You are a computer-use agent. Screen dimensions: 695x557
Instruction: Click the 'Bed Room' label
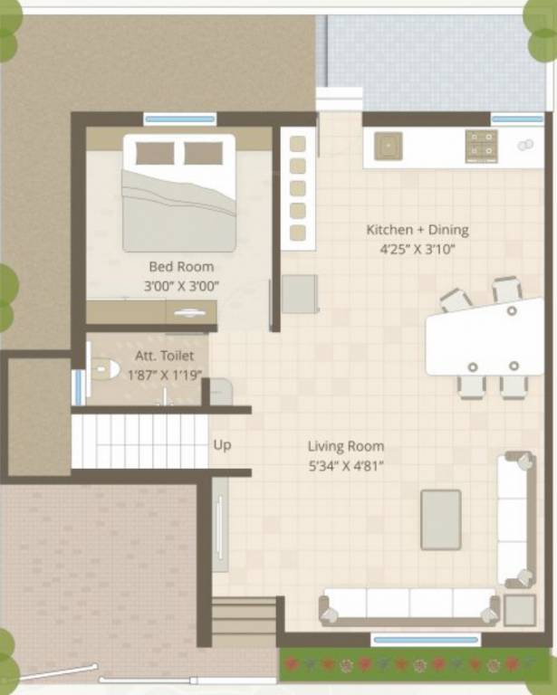181,267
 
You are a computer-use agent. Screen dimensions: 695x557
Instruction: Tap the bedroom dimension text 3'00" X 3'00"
181,286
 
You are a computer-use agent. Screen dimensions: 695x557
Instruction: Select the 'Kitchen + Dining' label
417,230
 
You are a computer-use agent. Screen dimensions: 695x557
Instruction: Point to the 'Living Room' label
345,446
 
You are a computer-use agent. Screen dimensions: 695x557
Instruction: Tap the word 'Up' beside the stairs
222,445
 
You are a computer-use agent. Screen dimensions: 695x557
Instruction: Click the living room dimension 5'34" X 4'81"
345,466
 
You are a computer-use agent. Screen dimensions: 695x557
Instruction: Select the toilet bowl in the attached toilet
105,369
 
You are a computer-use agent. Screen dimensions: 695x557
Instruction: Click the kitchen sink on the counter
389,145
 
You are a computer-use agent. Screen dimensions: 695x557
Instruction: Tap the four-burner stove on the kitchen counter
481,145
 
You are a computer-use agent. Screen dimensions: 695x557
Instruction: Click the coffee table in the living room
441,519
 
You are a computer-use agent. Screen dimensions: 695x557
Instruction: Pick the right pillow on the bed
203,153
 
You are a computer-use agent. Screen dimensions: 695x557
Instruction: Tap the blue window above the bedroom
180,119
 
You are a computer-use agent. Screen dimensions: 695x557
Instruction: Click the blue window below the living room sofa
426,640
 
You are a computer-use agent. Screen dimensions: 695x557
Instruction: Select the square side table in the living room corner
520,610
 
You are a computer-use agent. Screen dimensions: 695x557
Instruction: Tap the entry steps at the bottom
245,621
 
